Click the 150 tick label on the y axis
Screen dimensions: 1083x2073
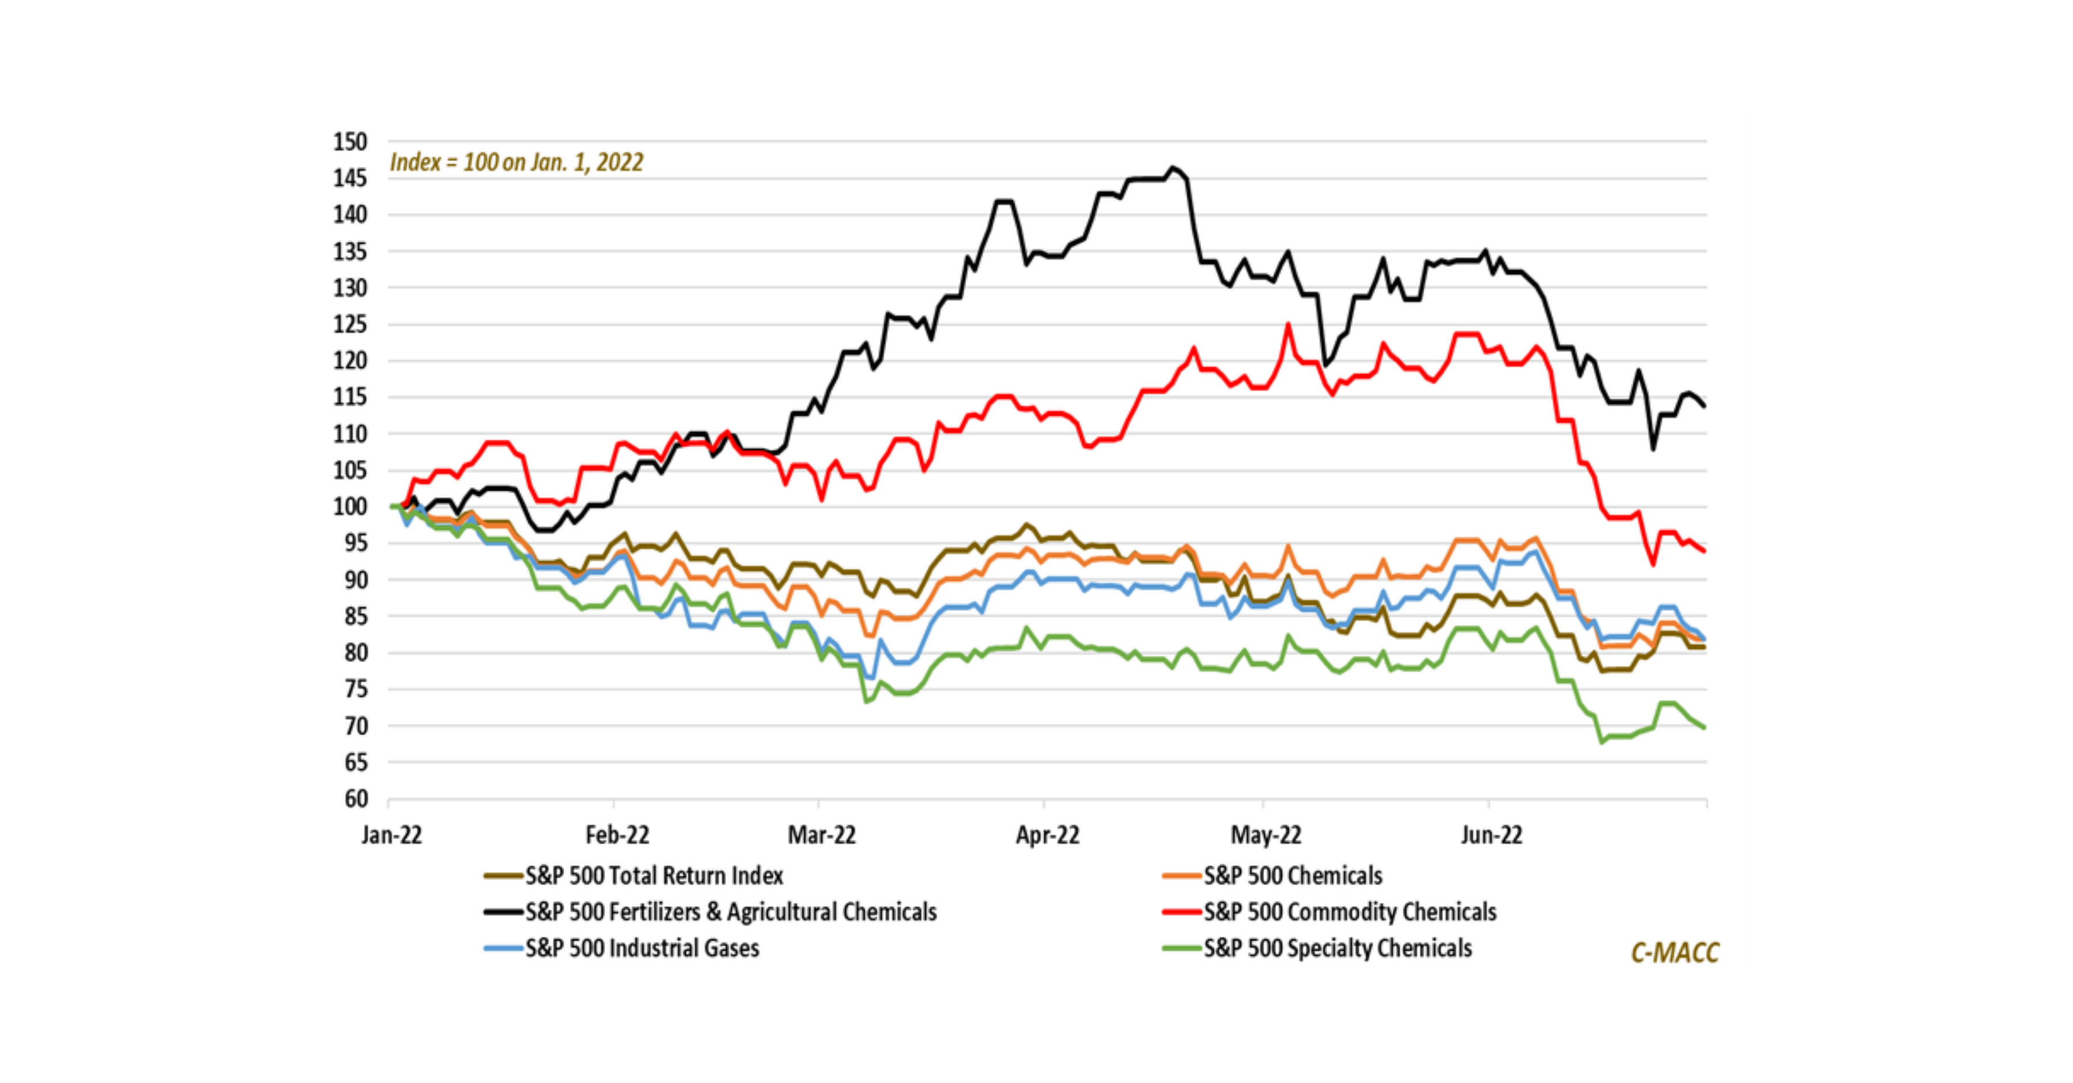[350, 142]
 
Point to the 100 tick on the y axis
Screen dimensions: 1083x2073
[350, 507]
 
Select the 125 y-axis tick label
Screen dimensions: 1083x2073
[350, 324]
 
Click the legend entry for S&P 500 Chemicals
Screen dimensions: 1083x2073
[1292, 875]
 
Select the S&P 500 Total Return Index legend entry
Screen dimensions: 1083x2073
[654, 875]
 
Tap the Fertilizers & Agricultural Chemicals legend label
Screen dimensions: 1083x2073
[731, 911]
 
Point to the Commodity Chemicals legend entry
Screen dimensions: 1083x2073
[1350, 911]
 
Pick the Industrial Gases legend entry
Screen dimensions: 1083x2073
[642, 948]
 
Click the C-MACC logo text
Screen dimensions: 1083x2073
[1675, 953]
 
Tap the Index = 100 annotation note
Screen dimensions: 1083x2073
[517, 162]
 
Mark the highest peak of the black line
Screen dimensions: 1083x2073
[1174, 168]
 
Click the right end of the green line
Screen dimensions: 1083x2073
[1704, 727]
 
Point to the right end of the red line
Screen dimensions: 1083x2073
[1704, 551]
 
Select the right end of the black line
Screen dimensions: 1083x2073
[1704, 406]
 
